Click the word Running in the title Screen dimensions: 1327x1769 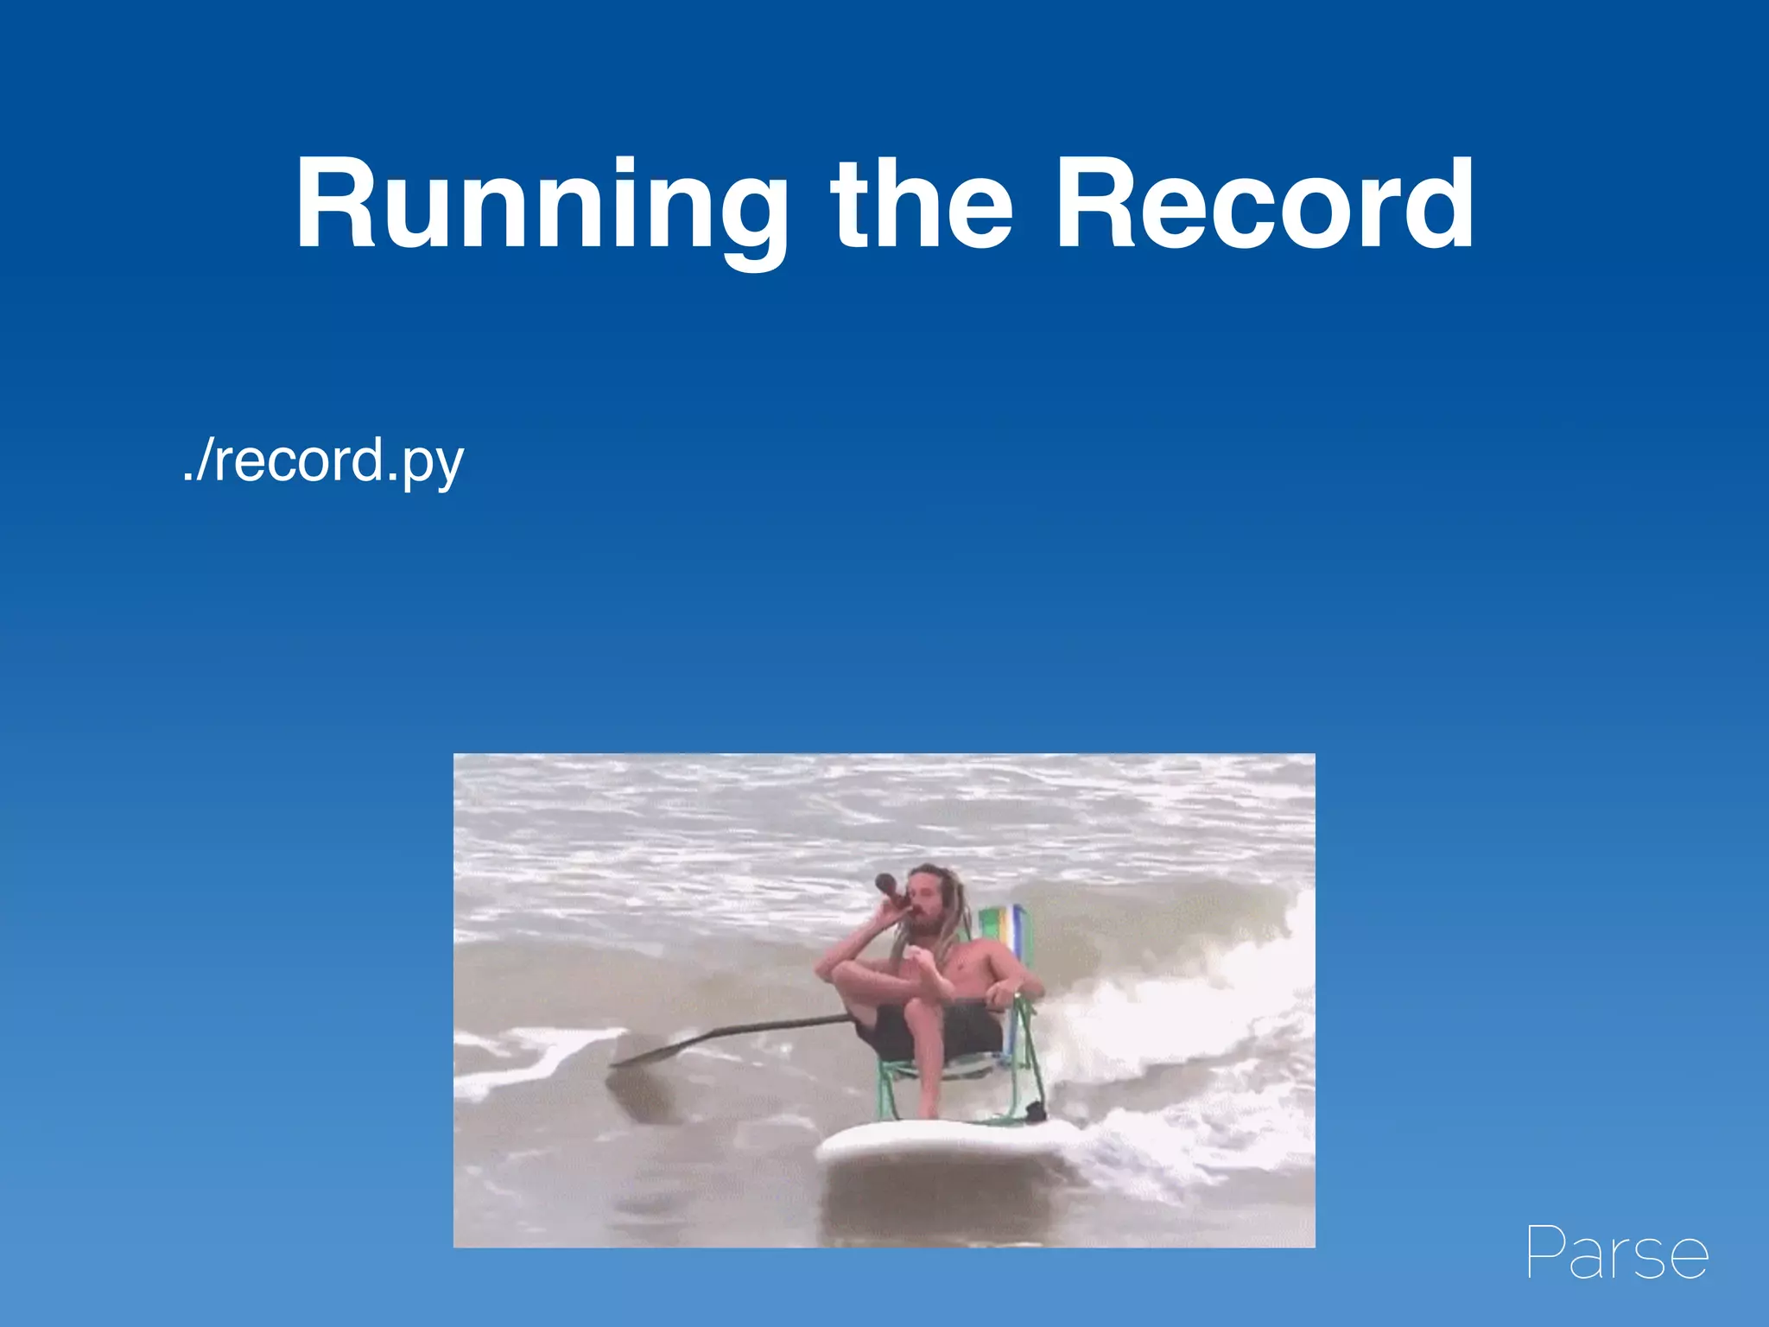click(x=540, y=206)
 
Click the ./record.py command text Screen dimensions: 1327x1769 click(x=323, y=460)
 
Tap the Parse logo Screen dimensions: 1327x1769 click(x=1617, y=1253)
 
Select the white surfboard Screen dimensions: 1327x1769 click(x=942, y=1142)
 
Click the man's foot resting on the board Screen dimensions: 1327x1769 click(x=928, y=1111)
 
